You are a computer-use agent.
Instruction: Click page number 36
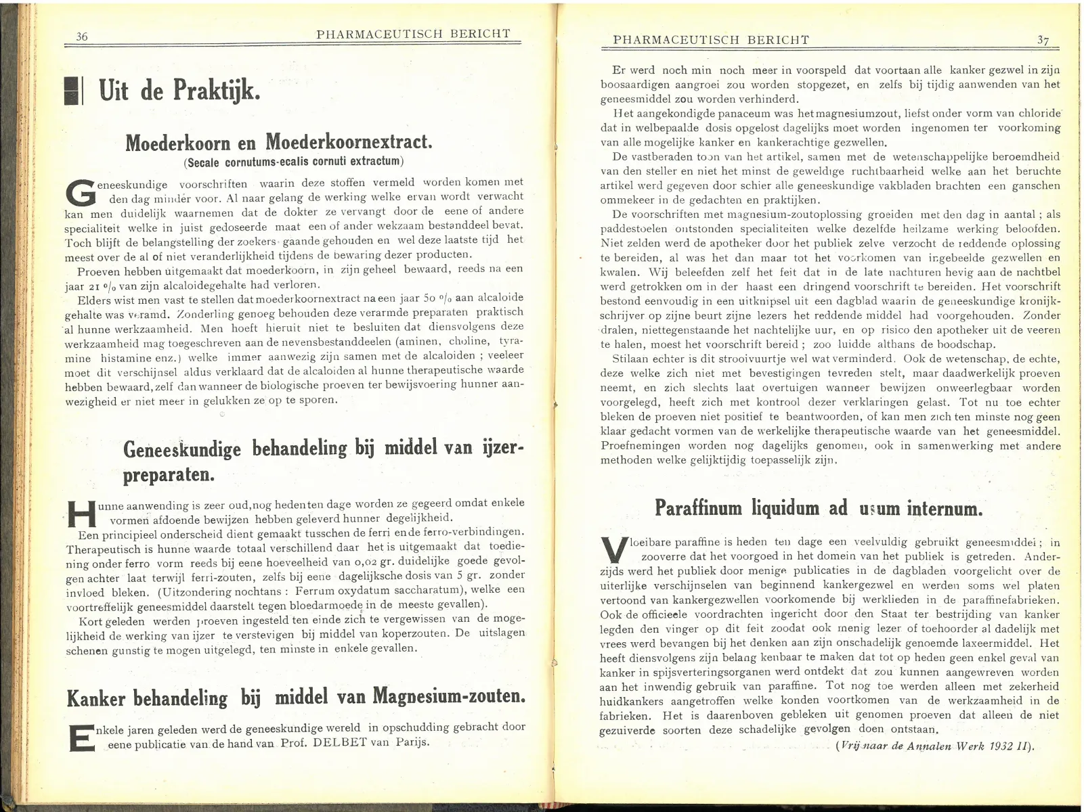pos(82,37)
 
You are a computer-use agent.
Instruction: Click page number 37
pos(1043,40)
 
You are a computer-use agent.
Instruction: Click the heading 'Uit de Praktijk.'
pos(179,90)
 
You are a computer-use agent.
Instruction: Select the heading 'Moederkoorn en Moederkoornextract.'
pos(278,142)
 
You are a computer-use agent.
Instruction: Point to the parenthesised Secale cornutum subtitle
pos(293,162)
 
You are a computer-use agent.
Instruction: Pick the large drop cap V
pos(613,550)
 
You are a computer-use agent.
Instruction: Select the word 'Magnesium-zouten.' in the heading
pos(449,696)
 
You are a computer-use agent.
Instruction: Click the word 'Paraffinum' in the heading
pos(698,507)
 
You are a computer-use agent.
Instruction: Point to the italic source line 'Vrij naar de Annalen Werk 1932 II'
pos(936,746)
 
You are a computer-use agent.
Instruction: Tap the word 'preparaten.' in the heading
pos(169,474)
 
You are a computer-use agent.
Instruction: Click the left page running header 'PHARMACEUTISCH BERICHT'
pos(413,34)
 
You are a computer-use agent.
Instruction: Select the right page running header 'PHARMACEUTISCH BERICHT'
pos(710,40)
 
